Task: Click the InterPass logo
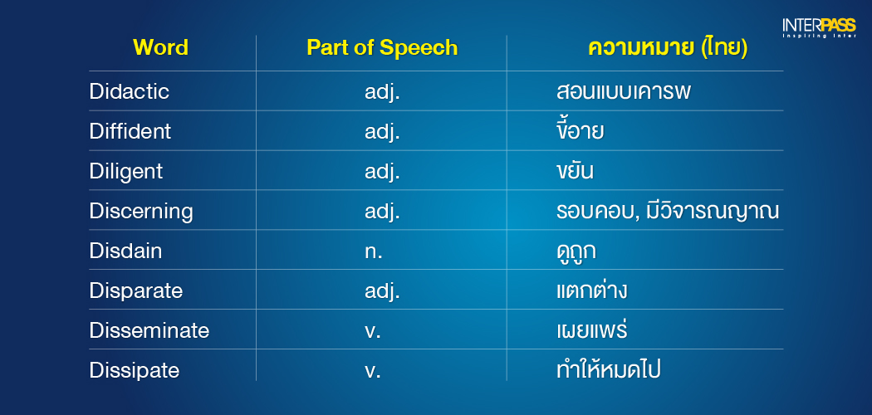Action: (x=819, y=27)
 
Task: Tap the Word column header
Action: (x=161, y=48)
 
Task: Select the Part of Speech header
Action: (x=382, y=48)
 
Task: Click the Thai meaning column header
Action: (x=668, y=48)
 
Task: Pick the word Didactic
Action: (x=129, y=91)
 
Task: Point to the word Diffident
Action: (x=130, y=132)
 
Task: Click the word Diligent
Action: (x=126, y=172)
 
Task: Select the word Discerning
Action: (x=141, y=212)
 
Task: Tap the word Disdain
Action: (x=125, y=251)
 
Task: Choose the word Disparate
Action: (x=136, y=291)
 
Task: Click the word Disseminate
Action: (x=149, y=330)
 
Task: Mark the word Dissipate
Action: (x=135, y=370)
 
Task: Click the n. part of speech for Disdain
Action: (x=373, y=252)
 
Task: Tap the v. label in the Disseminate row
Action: (x=373, y=332)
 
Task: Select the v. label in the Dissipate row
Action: (x=373, y=372)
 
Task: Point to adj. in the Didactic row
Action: (x=383, y=92)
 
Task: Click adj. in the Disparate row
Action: (x=383, y=291)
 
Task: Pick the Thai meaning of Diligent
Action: (x=575, y=171)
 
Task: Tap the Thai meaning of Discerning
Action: (x=668, y=212)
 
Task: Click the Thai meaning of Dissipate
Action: (x=609, y=369)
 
